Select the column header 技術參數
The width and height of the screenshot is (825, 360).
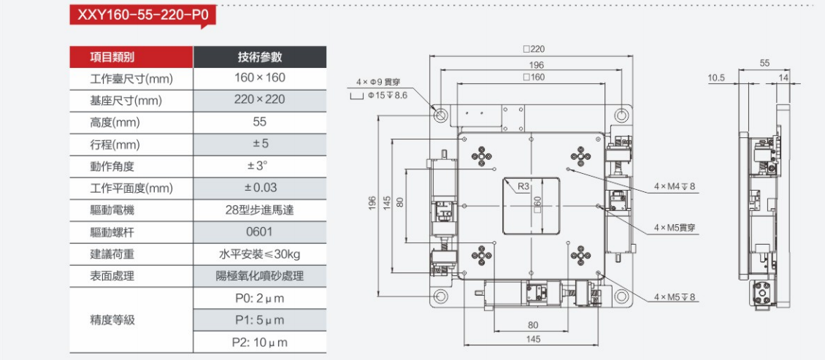pos(259,57)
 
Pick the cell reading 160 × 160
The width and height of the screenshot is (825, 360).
pos(259,77)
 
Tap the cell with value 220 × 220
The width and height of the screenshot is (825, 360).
pos(259,99)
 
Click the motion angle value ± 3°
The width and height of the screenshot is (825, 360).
pos(259,166)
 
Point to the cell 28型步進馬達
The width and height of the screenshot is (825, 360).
pos(259,210)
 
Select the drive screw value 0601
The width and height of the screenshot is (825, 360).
pos(259,232)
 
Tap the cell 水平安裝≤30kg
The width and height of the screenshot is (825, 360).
pos(259,254)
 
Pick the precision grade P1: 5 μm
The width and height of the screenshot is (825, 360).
pos(259,320)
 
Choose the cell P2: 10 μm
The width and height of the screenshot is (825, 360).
pos(259,342)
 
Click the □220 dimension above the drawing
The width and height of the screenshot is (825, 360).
pos(534,49)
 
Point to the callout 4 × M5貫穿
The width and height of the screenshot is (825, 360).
pos(675,228)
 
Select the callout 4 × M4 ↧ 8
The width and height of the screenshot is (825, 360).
pos(675,187)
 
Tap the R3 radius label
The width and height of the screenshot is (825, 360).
pos(523,186)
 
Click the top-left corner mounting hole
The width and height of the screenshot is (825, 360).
pos(442,115)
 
